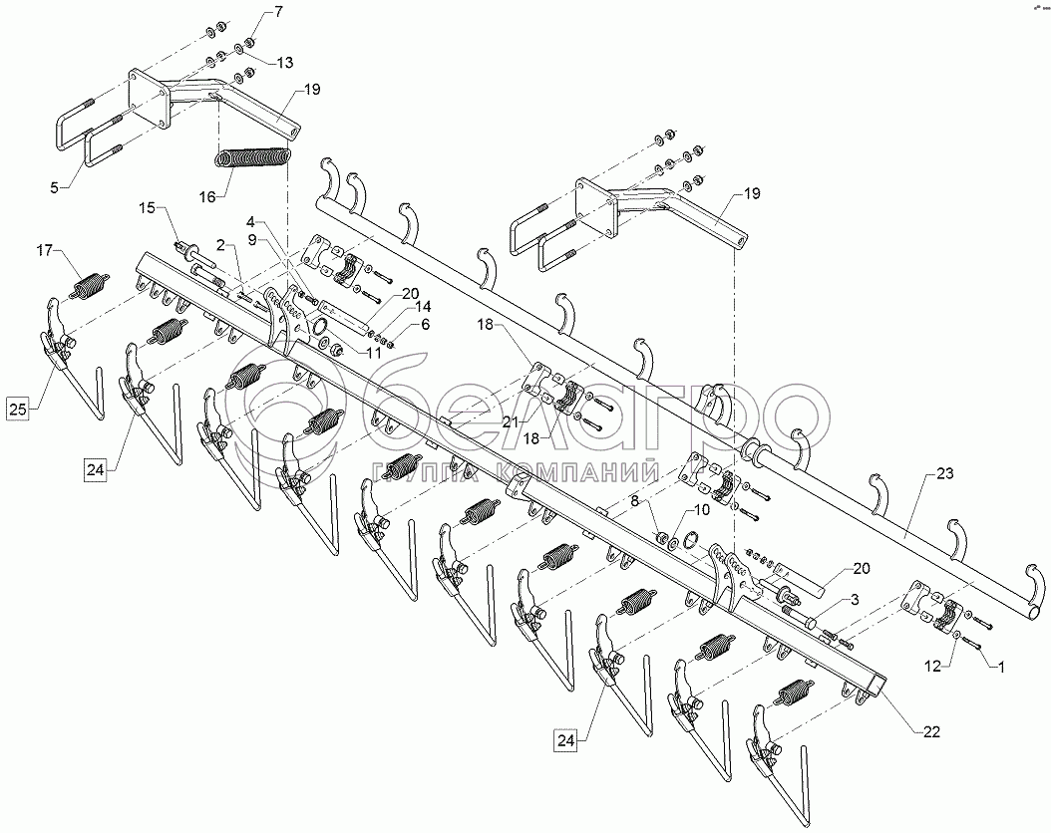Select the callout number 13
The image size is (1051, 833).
284,63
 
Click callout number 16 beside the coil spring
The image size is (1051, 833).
206,198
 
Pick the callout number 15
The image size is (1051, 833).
148,208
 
